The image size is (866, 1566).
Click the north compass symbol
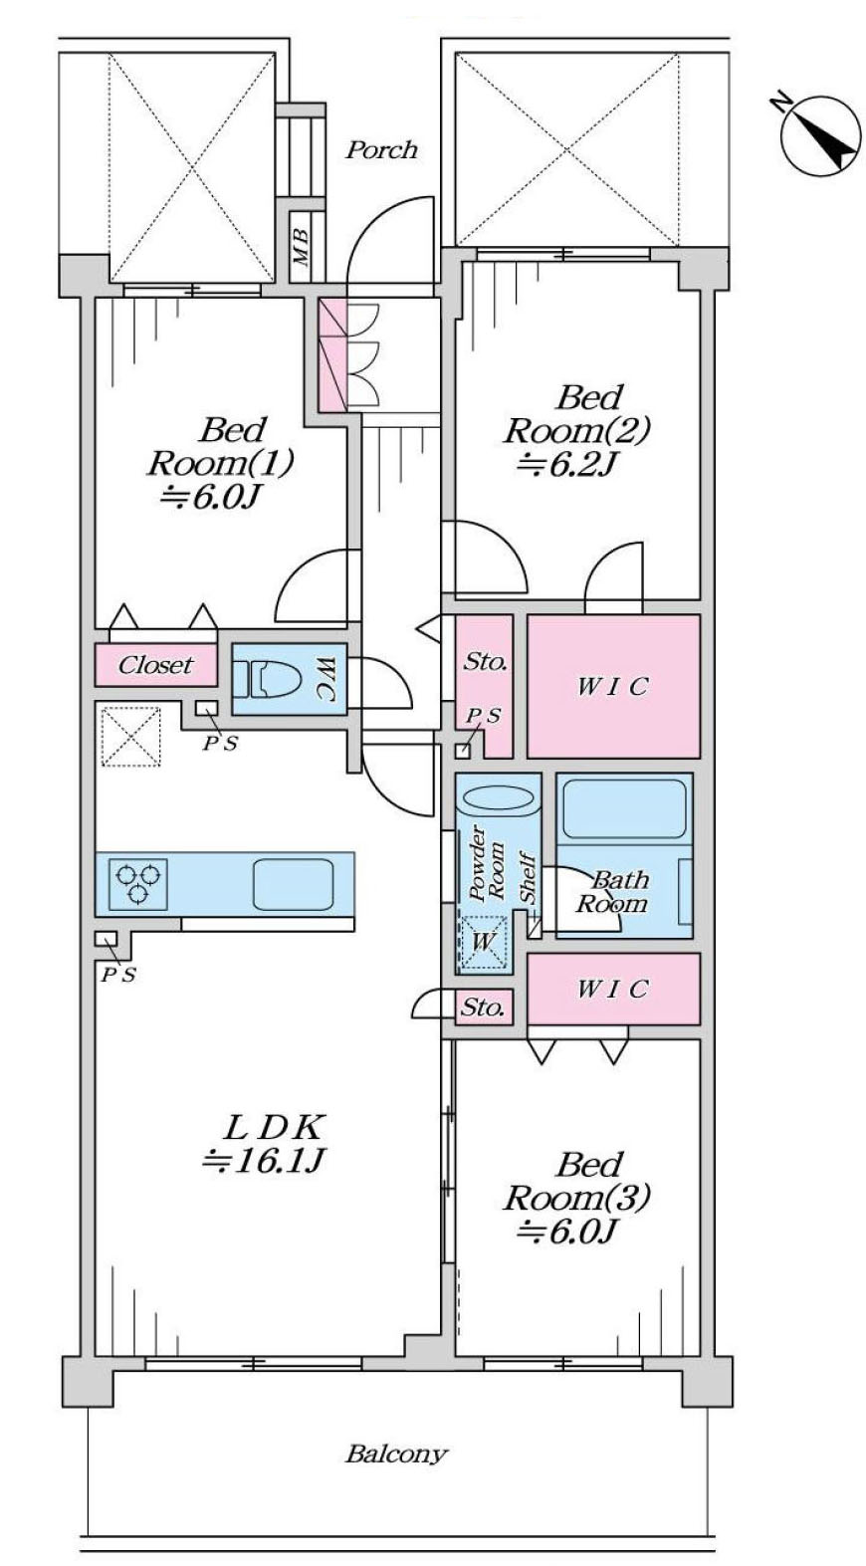[820, 134]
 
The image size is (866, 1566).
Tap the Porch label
[381, 150]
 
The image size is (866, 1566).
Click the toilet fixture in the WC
[276, 679]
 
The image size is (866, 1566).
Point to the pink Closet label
[155, 665]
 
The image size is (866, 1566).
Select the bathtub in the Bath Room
[623, 808]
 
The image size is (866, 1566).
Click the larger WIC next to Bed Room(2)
[613, 686]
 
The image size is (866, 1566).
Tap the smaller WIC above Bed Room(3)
[613, 989]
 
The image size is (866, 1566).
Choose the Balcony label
[396, 1454]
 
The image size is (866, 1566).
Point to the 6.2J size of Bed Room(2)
[562, 464]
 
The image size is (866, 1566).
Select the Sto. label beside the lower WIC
[483, 1007]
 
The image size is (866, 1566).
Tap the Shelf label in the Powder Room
[528, 879]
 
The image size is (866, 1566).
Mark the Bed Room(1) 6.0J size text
[211, 497]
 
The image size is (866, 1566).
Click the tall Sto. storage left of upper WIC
[485, 662]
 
